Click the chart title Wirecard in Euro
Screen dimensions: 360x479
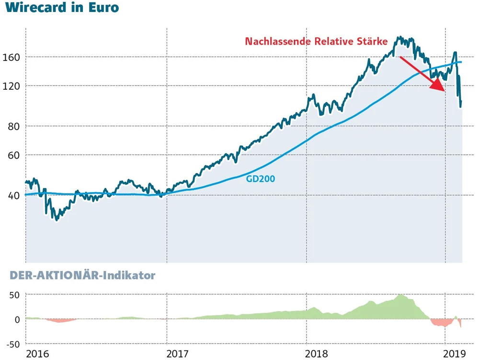(x=63, y=8)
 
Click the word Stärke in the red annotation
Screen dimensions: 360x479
(x=372, y=42)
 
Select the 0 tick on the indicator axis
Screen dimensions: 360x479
(x=16, y=319)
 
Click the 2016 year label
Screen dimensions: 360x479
(x=37, y=354)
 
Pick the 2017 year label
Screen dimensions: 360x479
(x=177, y=354)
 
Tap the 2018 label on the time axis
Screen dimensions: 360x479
(x=318, y=354)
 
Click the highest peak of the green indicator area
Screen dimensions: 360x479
(x=400, y=295)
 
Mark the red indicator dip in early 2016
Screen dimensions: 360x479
(x=60, y=320)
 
